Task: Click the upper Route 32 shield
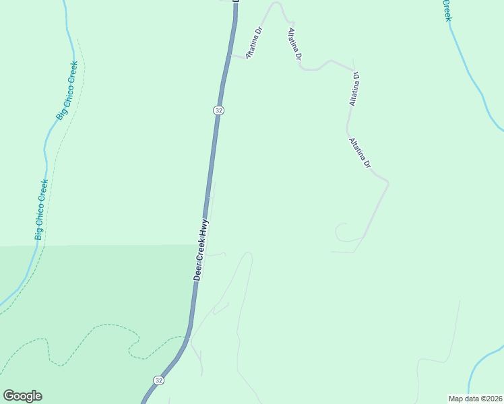coord(218,110)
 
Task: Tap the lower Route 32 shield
coord(158,380)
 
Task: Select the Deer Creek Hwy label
coord(201,250)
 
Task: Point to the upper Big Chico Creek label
coord(67,91)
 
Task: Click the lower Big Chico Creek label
coord(42,209)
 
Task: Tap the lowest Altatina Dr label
coord(360,154)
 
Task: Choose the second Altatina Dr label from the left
coord(294,45)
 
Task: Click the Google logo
coord(22,396)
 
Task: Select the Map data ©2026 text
coord(475,398)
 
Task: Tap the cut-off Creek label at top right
coord(446,10)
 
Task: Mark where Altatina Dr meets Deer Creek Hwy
coord(231,56)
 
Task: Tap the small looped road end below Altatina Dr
coord(340,232)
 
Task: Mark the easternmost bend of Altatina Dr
coord(388,182)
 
